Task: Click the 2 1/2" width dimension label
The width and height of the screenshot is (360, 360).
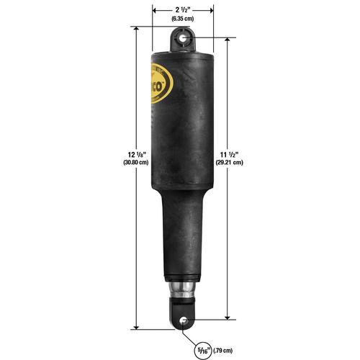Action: click(x=182, y=10)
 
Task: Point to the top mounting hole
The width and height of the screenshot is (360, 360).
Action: click(x=183, y=36)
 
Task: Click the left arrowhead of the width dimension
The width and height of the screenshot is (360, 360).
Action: click(x=154, y=10)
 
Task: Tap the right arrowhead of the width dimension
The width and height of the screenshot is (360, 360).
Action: click(x=211, y=10)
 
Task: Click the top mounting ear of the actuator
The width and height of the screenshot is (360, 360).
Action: click(x=183, y=40)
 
